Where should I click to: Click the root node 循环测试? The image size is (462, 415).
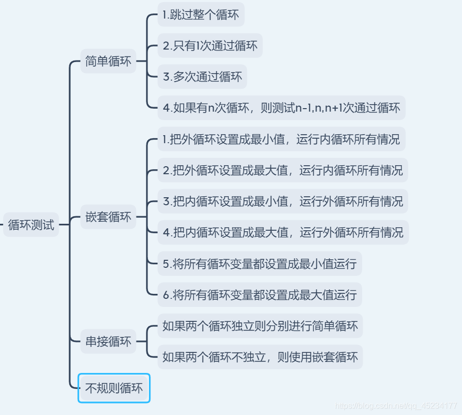[x=31, y=225]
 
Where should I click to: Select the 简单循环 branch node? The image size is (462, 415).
[x=108, y=61]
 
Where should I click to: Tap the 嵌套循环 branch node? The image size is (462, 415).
[x=108, y=217]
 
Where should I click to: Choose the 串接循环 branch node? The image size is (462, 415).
[x=108, y=342]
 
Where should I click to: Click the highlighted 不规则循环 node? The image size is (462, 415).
[x=114, y=388]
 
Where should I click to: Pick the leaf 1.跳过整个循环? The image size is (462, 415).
[x=201, y=15]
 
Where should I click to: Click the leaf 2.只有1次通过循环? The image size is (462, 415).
[x=210, y=46]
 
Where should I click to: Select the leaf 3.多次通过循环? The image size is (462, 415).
[x=202, y=77]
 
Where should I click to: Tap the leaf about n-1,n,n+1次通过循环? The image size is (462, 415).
[x=281, y=108]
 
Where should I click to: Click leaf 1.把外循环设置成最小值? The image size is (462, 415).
[x=281, y=139]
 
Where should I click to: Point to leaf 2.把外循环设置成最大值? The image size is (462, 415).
[x=283, y=170]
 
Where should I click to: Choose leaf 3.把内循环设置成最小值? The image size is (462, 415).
[x=283, y=201]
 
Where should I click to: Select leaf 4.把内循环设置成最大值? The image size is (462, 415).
[x=283, y=232]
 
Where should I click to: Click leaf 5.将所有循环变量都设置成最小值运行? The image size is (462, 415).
[x=259, y=263]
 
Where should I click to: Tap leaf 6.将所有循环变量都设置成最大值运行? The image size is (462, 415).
[x=259, y=294]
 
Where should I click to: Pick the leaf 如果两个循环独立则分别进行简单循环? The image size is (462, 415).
[x=260, y=326]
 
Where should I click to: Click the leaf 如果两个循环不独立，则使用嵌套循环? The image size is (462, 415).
[x=260, y=357]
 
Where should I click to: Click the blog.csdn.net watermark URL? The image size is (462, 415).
[x=396, y=405]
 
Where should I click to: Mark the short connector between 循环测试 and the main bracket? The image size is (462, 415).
[x=64, y=225]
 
